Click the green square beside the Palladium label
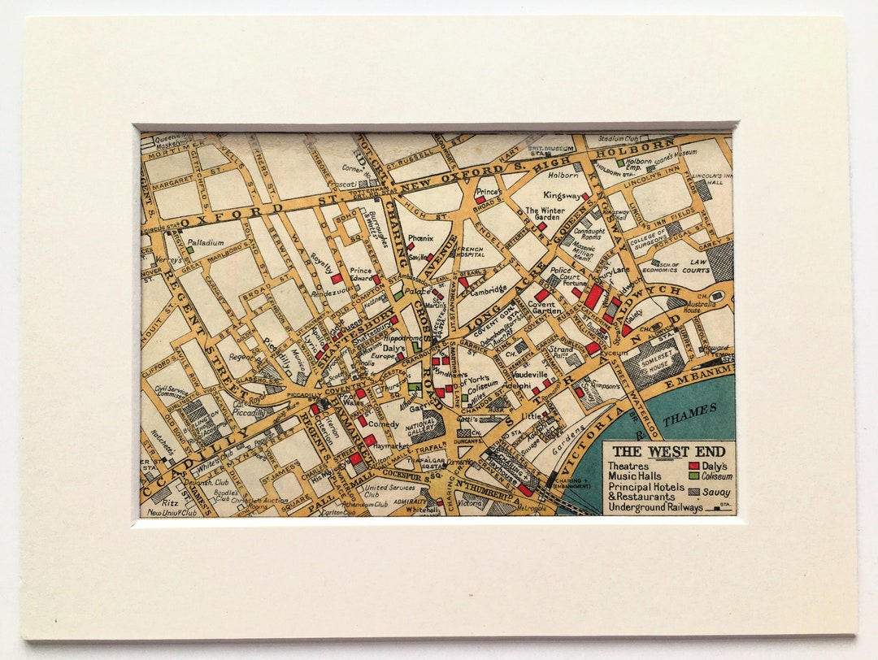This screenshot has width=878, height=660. pos(189,250)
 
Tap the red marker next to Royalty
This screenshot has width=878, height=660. pos(336,278)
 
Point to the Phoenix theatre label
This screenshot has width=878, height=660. pos(420,239)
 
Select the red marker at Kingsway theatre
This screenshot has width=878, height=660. pos(585,197)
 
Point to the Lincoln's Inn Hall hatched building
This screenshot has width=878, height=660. pos(703,189)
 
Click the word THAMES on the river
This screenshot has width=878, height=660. pos(689,416)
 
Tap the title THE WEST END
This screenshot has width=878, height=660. pos(650,452)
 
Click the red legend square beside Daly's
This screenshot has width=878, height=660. pos(693,467)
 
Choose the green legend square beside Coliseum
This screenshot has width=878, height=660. pos(693,477)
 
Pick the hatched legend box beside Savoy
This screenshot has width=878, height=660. pos(693,492)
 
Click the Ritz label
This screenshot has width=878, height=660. pos(159,503)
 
